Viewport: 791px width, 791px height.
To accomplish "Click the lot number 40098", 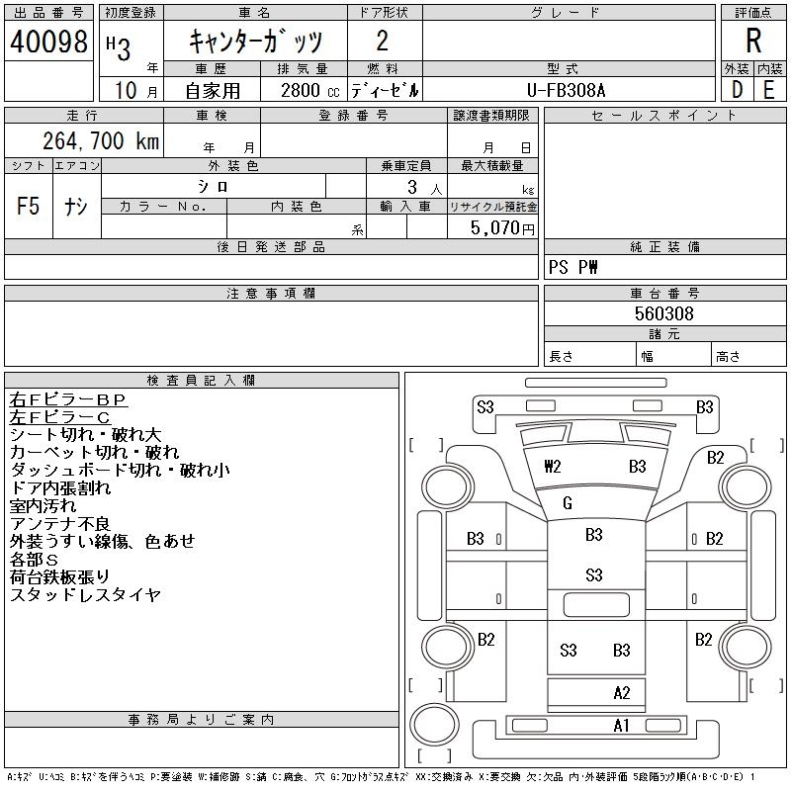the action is (48, 42).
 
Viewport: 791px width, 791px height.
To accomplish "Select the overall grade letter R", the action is (753, 41).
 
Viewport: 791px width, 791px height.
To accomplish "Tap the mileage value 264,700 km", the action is (101, 140).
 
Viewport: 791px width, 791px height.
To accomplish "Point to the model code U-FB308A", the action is (566, 90).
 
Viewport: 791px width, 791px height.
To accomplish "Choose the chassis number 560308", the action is (663, 313).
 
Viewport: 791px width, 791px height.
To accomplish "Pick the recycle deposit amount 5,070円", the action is (502, 228).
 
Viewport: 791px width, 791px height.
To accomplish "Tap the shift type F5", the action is (28, 206).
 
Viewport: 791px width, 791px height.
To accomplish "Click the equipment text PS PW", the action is (573, 267).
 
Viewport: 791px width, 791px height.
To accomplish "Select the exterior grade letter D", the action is (737, 90).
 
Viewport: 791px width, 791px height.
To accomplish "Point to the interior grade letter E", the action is (769, 90).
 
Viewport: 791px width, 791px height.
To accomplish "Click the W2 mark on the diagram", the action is (553, 466).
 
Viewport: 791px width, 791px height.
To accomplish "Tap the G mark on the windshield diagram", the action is (567, 503).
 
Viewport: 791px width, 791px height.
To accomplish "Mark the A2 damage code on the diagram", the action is (622, 693).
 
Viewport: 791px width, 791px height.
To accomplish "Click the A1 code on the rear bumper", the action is (621, 726).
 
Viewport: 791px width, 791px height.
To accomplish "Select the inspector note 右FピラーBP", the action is (67, 399).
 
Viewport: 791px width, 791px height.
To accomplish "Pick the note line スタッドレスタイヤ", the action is (85, 595).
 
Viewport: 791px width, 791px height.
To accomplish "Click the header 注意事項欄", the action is (271, 293).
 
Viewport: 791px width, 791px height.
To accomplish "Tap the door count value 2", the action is (383, 41).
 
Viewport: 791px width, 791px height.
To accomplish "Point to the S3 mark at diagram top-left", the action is (484, 407).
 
